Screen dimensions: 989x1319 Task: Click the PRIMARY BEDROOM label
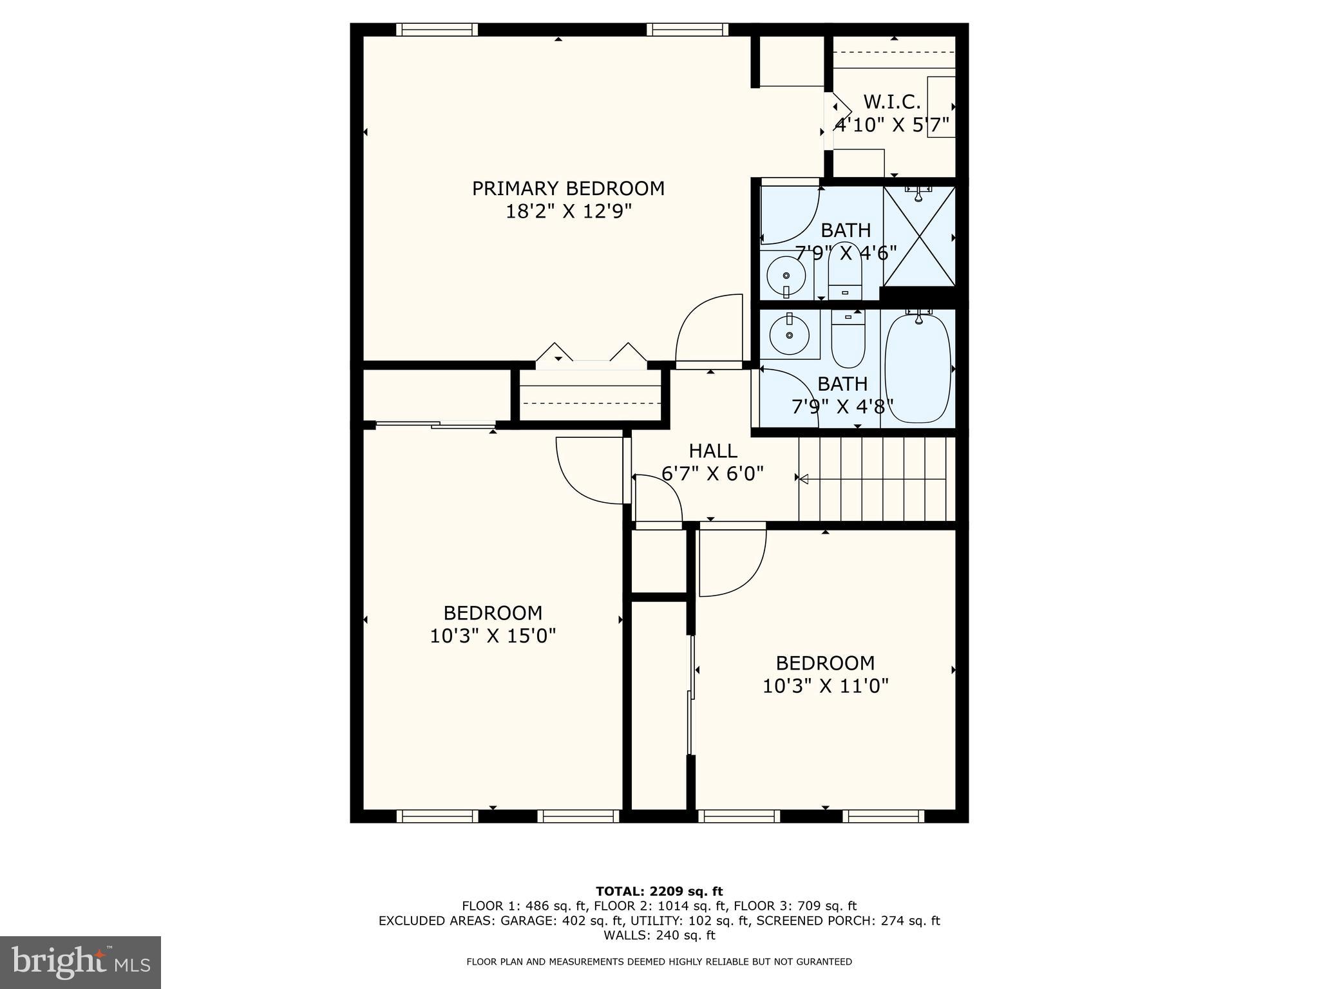[x=568, y=189]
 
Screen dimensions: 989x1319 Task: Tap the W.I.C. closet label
[x=891, y=102]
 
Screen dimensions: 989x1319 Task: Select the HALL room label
[x=713, y=451]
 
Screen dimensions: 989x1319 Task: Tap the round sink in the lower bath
[x=789, y=335]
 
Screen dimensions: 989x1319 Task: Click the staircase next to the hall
[x=876, y=479]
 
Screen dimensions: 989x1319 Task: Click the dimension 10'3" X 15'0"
[x=493, y=636]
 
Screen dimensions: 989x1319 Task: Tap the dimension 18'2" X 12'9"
[x=568, y=212]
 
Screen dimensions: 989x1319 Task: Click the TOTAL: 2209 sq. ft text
[x=659, y=891]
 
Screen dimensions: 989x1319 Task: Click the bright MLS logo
[x=81, y=962]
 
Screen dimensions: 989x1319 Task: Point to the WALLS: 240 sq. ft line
[x=659, y=936]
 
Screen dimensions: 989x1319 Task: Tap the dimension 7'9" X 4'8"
[x=842, y=407]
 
